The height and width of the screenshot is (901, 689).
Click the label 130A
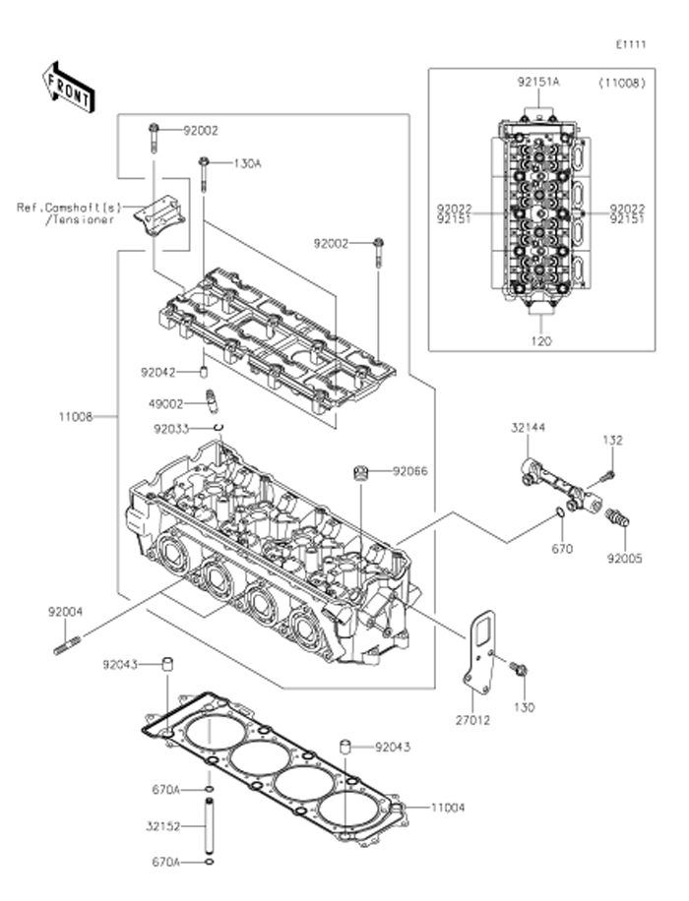(x=247, y=163)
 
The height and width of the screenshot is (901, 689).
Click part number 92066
(x=410, y=472)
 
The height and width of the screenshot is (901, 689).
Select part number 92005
(x=623, y=559)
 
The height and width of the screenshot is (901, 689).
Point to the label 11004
(x=448, y=808)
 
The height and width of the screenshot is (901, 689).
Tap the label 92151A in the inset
(x=539, y=84)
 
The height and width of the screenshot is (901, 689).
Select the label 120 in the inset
(x=541, y=341)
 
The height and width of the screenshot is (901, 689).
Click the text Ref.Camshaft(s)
(x=67, y=208)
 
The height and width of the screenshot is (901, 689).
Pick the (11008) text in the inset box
(x=621, y=84)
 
